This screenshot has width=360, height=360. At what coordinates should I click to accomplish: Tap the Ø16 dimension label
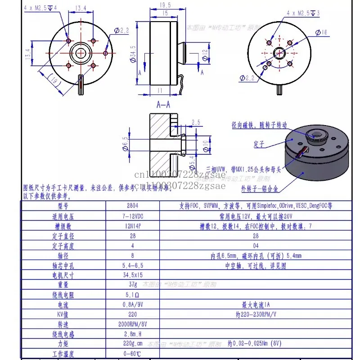[323, 32]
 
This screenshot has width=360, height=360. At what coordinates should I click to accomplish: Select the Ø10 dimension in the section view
[206, 144]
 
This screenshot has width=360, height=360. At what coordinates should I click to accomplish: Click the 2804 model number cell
[132, 206]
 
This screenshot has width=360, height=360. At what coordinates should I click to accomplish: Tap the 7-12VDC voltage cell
[132, 216]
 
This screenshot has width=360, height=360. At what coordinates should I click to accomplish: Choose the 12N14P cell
[132, 226]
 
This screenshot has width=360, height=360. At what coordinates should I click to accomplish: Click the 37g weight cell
[132, 284]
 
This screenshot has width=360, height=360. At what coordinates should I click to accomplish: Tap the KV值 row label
[63, 315]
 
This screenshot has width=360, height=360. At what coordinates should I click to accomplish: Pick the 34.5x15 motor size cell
[132, 275]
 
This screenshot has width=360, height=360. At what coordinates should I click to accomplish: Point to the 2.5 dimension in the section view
[196, 122]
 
